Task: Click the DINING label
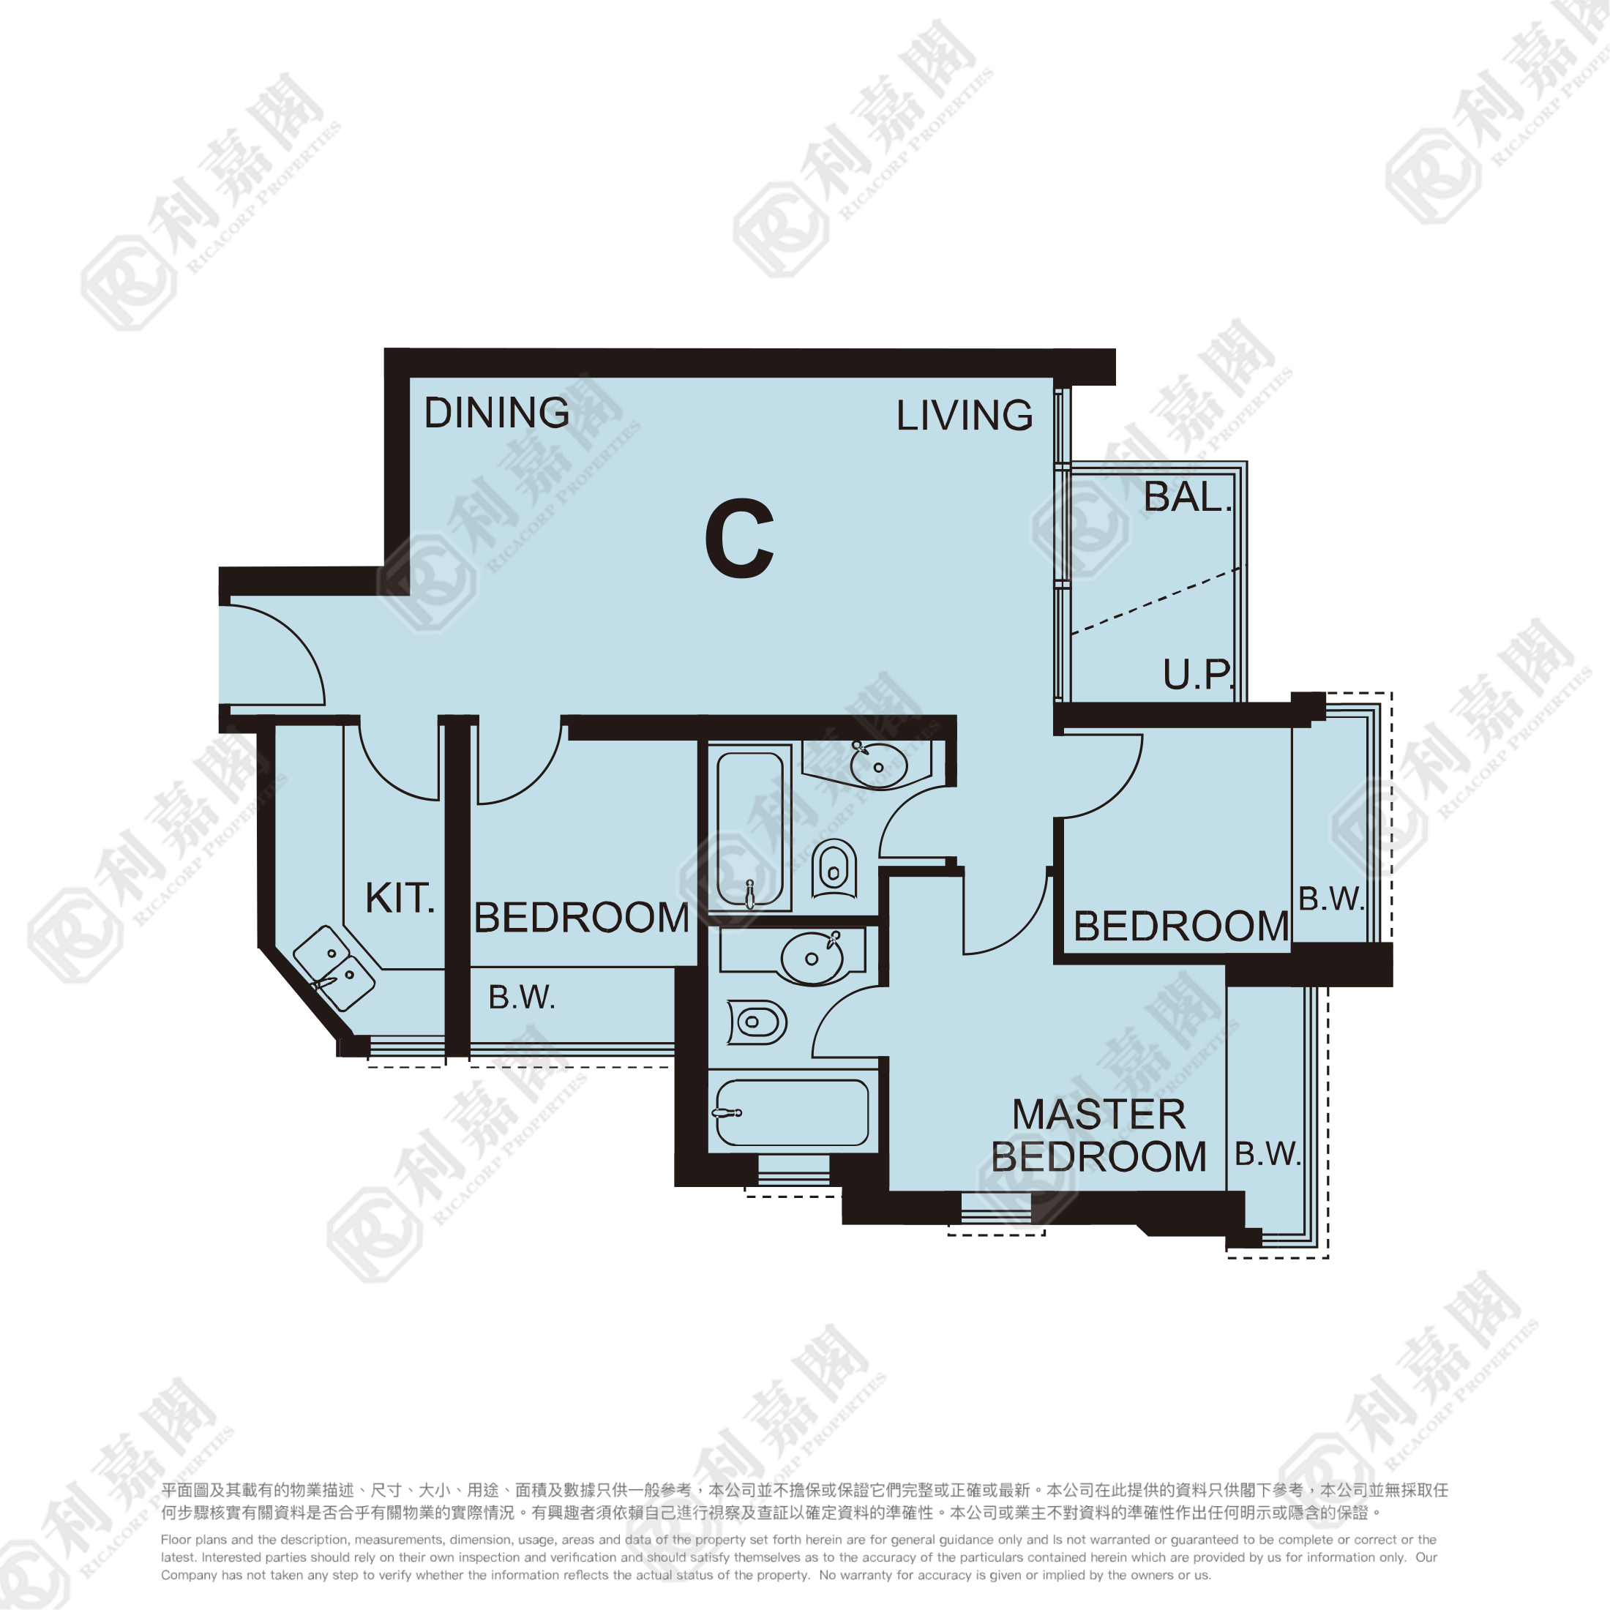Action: pos(497,413)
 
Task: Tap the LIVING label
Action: pos(964,415)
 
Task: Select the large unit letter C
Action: pos(739,539)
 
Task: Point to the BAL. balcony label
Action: pos(1187,498)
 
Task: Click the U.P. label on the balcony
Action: pos(1197,674)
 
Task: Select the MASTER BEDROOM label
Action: pos(1098,1135)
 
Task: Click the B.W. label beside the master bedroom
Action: pos(1267,1154)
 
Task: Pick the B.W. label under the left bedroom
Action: pos(522,997)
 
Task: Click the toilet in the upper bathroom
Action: pos(834,869)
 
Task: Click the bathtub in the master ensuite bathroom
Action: pos(792,1112)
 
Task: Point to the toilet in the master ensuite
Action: pos(757,1022)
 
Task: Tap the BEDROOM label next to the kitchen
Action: pos(582,918)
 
